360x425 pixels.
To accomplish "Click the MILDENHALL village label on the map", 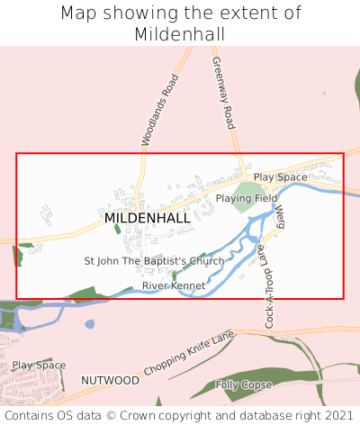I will [x=148, y=218].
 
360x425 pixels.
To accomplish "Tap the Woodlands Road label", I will [x=160, y=110].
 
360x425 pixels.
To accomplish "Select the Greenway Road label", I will [x=222, y=93].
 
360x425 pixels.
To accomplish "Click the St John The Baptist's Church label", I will [x=154, y=261].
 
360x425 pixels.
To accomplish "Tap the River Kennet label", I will [x=174, y=285].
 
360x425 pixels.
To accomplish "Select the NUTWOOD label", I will [x=110, y=381].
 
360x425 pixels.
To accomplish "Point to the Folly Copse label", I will [x=245, y=384].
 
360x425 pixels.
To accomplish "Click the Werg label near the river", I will [x=280, y=216].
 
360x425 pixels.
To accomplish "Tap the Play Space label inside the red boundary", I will [x=280, y=177].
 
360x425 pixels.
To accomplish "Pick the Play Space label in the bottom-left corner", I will [x=39, y=366].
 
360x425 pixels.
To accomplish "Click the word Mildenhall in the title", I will [x=180, y=34].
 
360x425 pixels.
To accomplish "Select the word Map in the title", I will [x=78, y=14].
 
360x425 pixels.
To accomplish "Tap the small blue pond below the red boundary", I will [x=89, y=324].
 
